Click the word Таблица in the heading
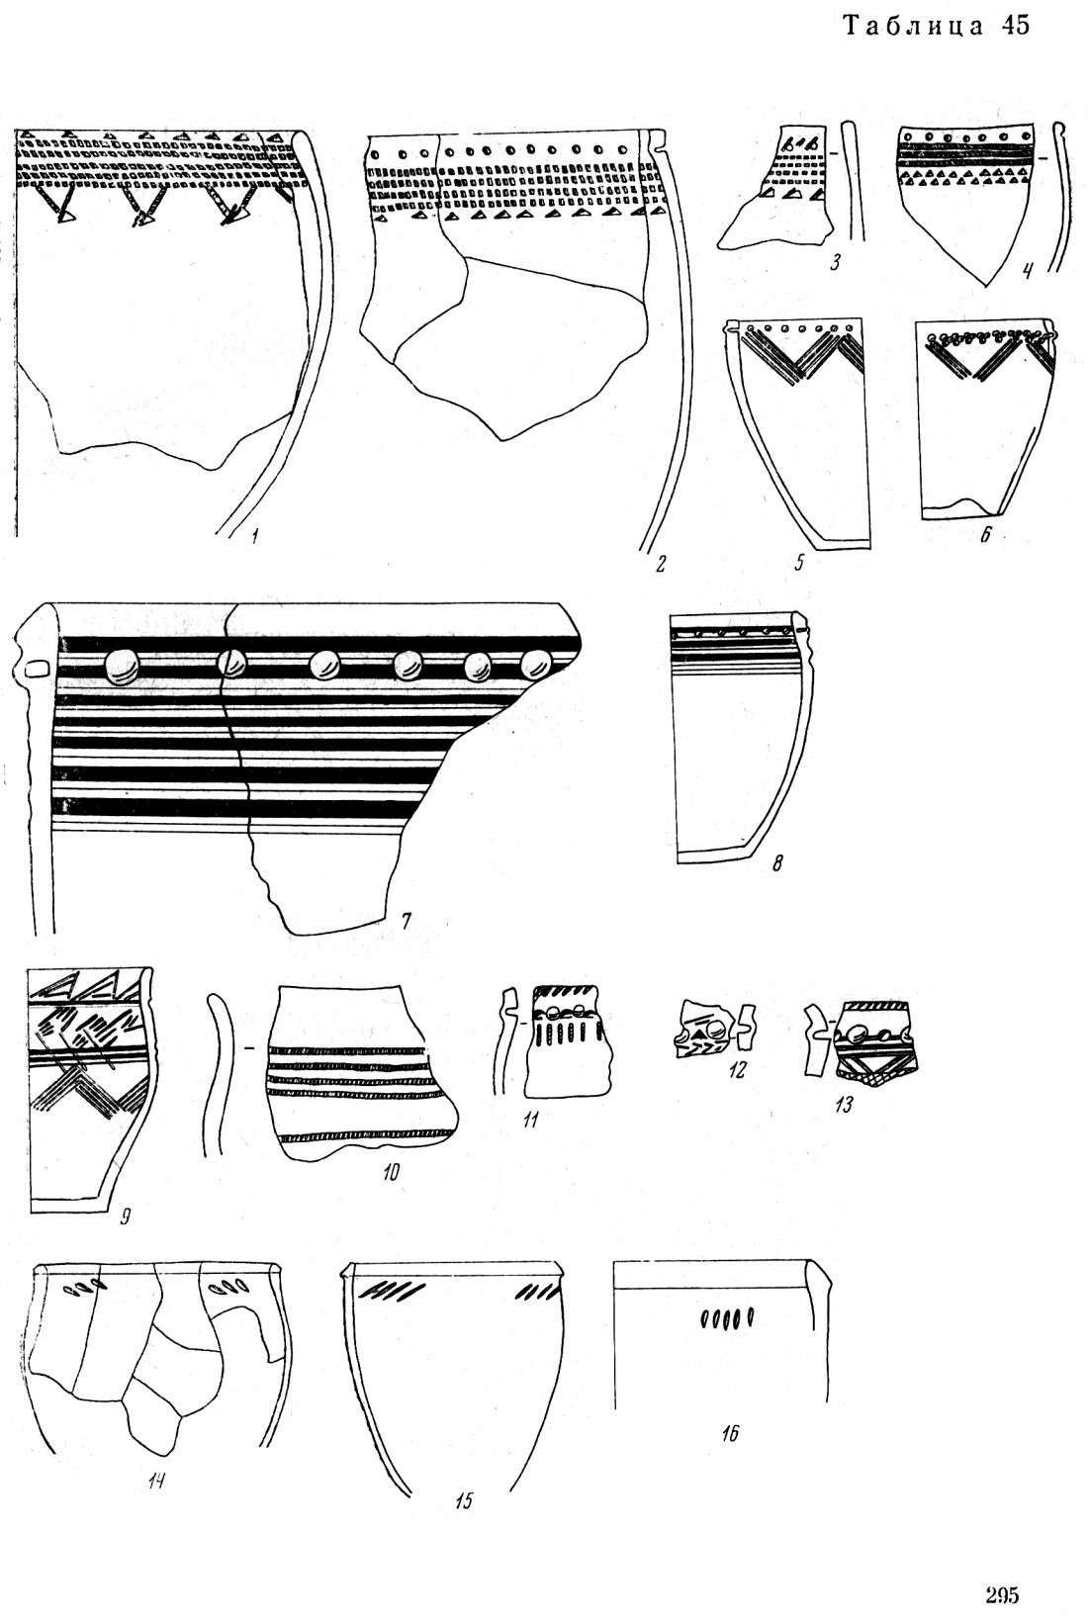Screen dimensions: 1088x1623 coord(914,26)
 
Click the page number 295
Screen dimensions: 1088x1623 coord(1002,1594)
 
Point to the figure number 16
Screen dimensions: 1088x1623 coord(729,1432)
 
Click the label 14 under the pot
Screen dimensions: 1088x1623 coord(155,1481)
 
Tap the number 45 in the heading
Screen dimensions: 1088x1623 coord(1016,26)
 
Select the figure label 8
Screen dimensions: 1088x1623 coord(777,863)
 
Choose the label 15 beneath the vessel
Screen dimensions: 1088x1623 coord(464,1499)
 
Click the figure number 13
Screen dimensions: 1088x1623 coord(843,1104)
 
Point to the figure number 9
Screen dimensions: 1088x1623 coord(125,1218)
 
